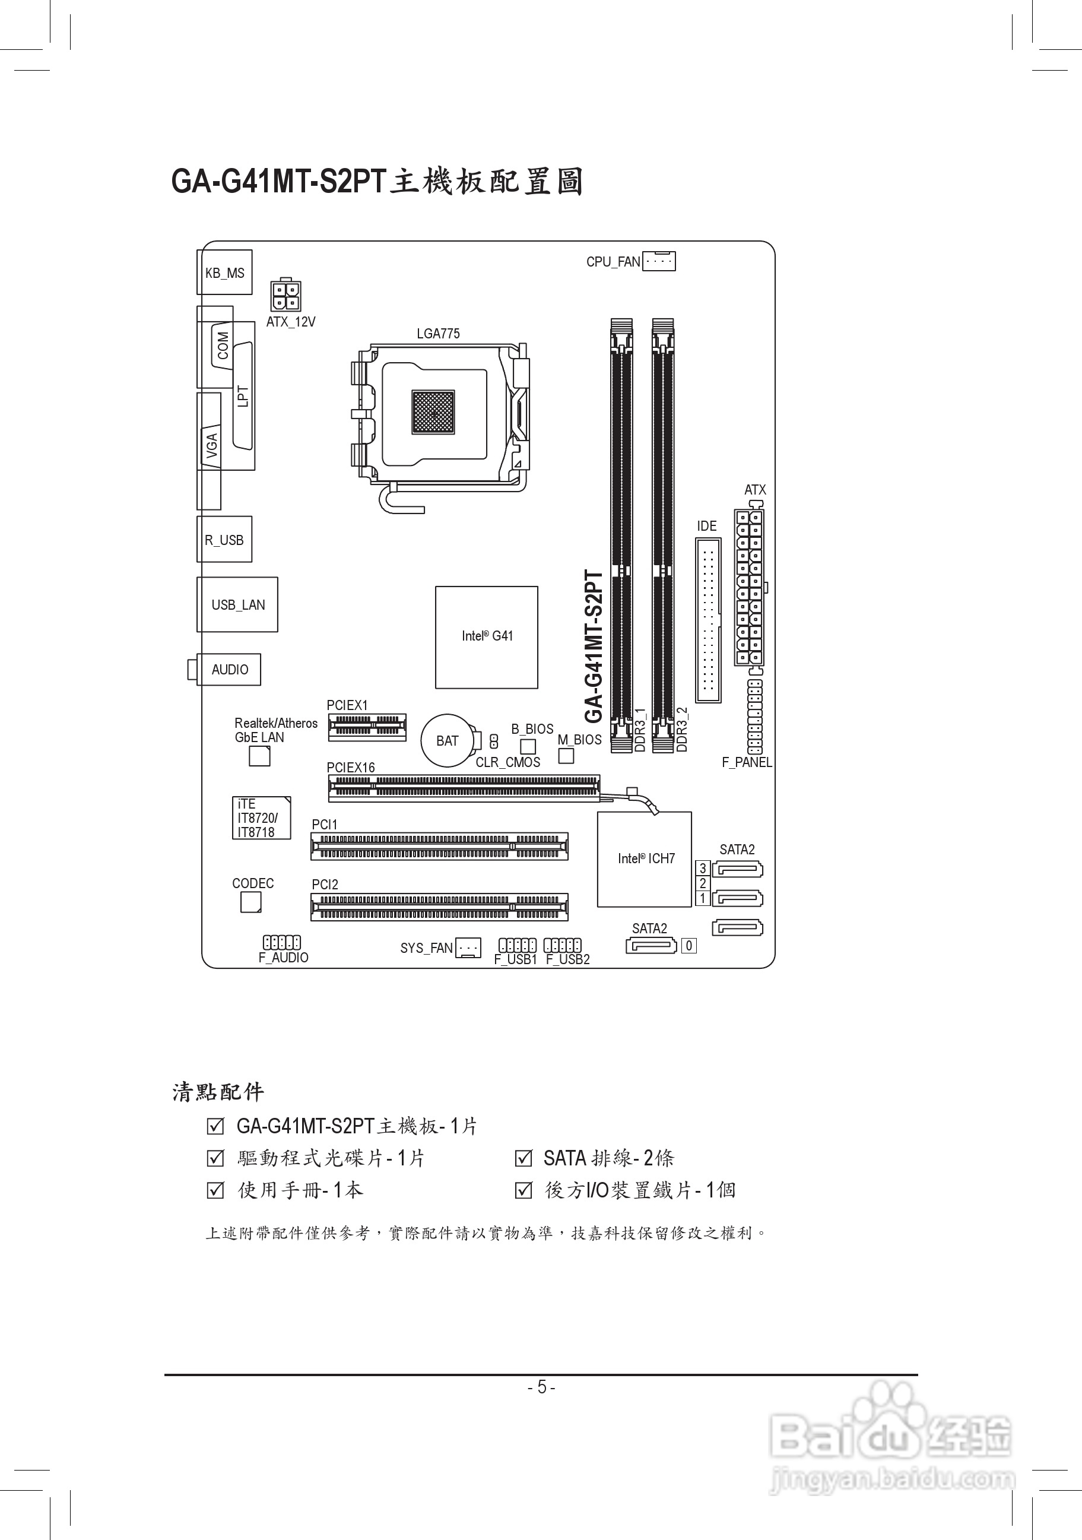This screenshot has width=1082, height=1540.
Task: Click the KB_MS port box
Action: pos(224,272)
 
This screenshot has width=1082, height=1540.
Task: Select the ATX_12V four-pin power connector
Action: pos(285,295)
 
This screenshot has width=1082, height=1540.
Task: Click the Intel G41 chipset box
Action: pos(487,637)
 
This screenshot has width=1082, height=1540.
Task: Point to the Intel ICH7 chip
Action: pos(644,859)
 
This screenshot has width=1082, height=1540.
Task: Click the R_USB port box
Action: pos(224,539)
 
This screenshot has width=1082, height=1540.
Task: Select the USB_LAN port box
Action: pos(237,604)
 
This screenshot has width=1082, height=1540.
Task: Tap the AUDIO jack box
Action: pos(229,670)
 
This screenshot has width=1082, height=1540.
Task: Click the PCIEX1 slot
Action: pos(367,727)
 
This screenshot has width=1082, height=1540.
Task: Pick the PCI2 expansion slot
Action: pos(439,907)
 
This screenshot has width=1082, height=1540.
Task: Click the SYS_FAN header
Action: pos(468,948)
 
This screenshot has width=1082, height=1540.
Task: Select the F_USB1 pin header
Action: pos(518,945)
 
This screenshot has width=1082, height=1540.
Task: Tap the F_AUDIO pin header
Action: pos(281,942)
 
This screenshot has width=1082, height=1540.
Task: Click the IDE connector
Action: pos(708,620)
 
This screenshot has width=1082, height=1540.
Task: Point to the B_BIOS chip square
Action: pos(528,746)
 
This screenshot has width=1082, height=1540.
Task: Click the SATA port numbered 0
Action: pos(651,946)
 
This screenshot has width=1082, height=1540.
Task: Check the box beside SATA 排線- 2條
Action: pos(523,1158)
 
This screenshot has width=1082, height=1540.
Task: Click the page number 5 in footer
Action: pos(541,1387)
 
